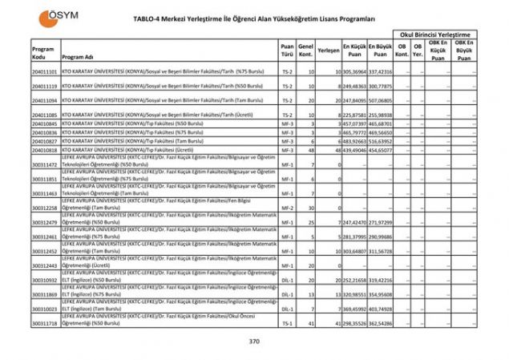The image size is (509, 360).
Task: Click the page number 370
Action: [x=254, y=342]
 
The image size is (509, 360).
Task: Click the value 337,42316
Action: [x=381, y=71]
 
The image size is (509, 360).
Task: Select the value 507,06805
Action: [x=381, y=101]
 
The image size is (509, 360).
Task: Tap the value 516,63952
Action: [x=381, y=141]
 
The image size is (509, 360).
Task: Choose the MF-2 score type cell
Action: [x=287, y=208]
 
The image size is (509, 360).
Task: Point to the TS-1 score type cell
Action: [x=287, y=323]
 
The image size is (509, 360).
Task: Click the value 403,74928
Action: [x=381, y=309]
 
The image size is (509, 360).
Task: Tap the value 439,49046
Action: [x=355, y=150]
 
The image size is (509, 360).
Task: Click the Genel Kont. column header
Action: [x=305, y=49]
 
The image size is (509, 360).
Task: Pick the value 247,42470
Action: [x=355, y=222]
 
